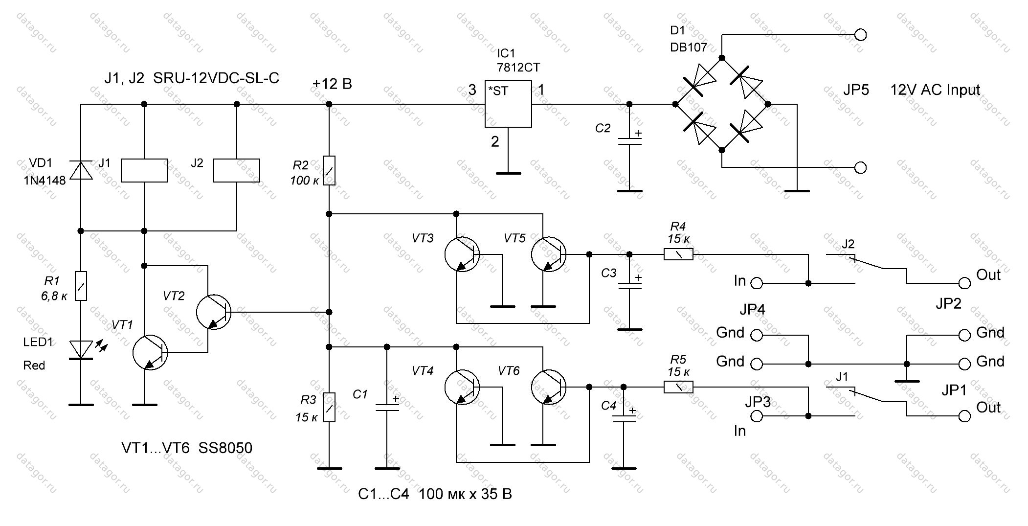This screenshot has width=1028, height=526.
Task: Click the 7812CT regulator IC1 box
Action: (508, 104)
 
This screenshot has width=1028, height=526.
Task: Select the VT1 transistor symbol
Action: (150, 352)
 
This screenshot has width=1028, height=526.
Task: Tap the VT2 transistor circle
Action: (214, 312)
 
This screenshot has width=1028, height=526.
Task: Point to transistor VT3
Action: (462, 254)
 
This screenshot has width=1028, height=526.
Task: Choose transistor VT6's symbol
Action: (548, 387)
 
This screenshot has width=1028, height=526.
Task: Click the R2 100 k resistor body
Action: (329, 171)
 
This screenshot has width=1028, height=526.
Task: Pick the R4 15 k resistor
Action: (678, 254)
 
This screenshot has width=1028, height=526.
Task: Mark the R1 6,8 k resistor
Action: (81, 286)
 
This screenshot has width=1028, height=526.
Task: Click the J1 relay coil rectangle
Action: (144, 170)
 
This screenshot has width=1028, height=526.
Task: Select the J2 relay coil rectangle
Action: (237, 170)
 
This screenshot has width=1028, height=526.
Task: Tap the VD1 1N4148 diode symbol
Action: (81, 170)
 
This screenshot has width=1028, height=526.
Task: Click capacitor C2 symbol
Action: (629, 141)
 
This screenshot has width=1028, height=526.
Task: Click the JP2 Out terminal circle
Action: (964, 283)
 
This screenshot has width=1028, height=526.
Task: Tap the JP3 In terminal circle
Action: (757, 416)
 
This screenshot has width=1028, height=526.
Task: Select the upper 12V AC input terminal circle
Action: (860, 35)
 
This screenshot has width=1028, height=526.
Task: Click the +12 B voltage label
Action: (332, 84)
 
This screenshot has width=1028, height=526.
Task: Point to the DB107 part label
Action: (689, 47)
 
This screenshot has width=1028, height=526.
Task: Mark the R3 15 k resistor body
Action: (329, 407)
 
